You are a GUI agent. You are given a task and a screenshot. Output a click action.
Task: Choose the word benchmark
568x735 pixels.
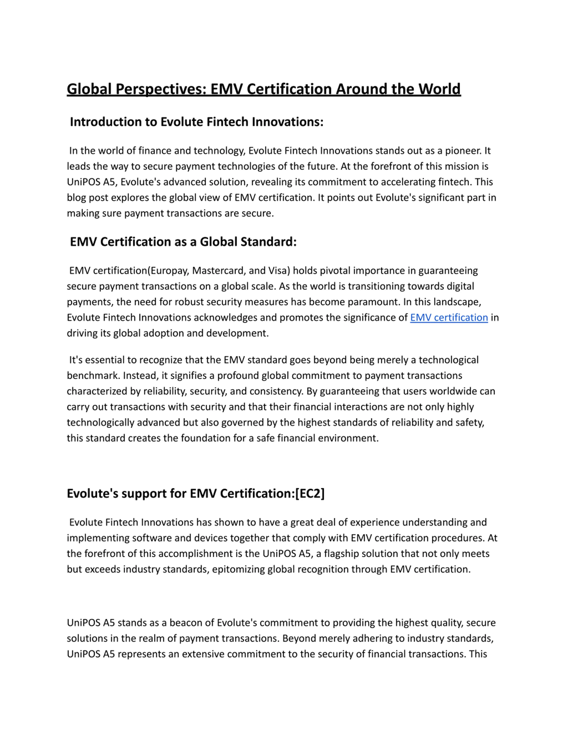pos(93,376)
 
